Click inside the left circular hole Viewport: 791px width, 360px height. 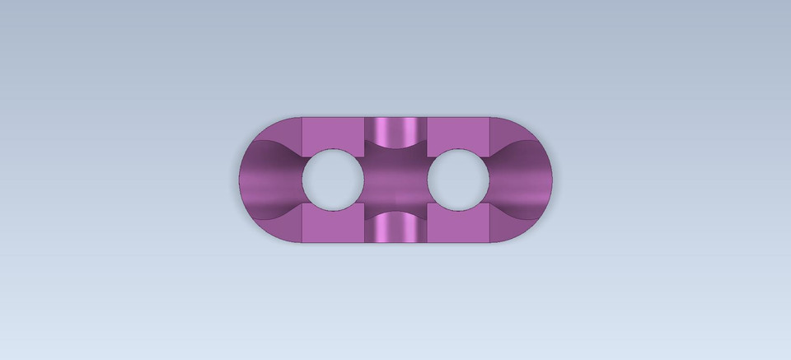[x=334, y=178]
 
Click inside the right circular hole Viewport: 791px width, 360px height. [x=459, y=178]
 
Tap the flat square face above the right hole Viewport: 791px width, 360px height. [x=459, y=133]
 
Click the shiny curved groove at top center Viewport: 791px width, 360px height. [x=396, y=129]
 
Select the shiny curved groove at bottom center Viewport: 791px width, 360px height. [x=396, y=230]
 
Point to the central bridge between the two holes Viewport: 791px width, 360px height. [x=396, y=179]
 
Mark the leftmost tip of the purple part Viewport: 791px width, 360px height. [x=240, y=180]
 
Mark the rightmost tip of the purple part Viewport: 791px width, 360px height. [x=552, y=180]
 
